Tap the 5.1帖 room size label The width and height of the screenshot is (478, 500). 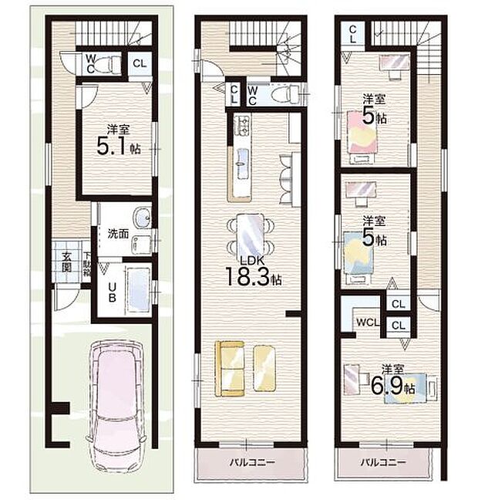tap(113, 142)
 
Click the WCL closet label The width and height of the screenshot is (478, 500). tap(365, 323)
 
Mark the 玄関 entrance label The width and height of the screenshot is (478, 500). tap(67, 262)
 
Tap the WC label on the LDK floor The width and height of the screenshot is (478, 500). tap(254, 93)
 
